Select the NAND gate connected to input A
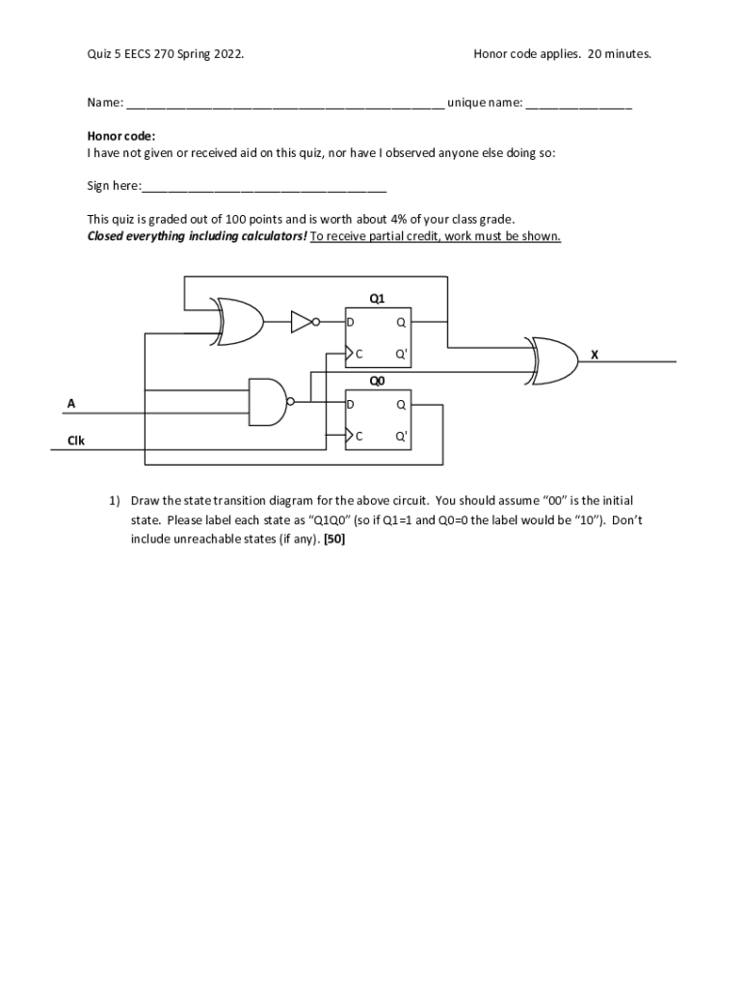click(x=268, y=401)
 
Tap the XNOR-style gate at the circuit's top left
click(x=240, y=321)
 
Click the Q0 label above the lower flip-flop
click(x=377, y=381)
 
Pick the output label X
click(x=595, y=355)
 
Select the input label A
click(x=70, y=404)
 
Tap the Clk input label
click(x=76, y=440)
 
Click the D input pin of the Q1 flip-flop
click(x=352, y=322)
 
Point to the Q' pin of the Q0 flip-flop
click(x=401, y=436)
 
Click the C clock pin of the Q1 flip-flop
click(x=358, y=354)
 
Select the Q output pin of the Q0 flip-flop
click(x=401, y=405)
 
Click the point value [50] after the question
click(x=334, y=539)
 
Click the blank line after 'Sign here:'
click(x=264, y=186)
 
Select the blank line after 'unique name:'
click(x=578, y=103)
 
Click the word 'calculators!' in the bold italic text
click(x=273, y=236)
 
